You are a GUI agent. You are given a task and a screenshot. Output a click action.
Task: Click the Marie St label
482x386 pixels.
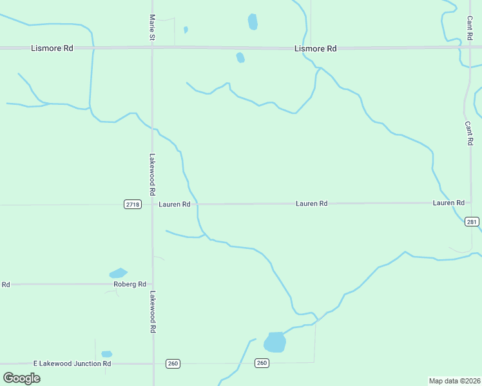tap(152, 28)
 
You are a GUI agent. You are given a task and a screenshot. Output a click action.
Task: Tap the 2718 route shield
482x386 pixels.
tap(132, 204)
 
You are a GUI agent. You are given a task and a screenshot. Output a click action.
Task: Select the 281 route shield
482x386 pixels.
tap(472, 221)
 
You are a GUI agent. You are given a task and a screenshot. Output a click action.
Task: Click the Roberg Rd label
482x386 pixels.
tap(130, 284)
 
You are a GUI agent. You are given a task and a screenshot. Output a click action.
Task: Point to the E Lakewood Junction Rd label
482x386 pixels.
tap(75, 363)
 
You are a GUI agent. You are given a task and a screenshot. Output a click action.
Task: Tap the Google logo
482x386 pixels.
tap(21, 378)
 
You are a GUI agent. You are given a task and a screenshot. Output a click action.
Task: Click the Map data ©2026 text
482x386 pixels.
tap(454, 381)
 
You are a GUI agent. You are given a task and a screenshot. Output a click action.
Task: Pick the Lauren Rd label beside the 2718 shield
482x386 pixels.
tap(175, 204)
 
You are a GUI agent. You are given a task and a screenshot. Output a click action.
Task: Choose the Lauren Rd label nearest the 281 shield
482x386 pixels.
tap(448, 203)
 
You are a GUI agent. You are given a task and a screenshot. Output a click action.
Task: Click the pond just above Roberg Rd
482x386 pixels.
tap(118, 273)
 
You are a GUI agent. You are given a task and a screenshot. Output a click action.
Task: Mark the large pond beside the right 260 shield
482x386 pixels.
tap(275, 342)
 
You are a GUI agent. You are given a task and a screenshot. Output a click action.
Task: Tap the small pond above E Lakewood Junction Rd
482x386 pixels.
tap(106, 354)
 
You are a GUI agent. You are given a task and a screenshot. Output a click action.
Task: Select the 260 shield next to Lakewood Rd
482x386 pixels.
tap(172, 363)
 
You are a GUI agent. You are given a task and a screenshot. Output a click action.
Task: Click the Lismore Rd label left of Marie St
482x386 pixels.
tap(52, 48)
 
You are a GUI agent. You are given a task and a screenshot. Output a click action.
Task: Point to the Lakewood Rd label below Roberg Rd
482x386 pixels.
tap(153, 312)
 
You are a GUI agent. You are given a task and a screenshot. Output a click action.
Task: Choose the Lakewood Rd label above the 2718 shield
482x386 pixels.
tap(153, 174)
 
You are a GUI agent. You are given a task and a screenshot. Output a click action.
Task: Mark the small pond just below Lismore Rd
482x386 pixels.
tap(240, 58)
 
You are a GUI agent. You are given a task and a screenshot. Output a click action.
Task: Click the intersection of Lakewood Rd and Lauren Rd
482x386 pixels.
tap(153, 204)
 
